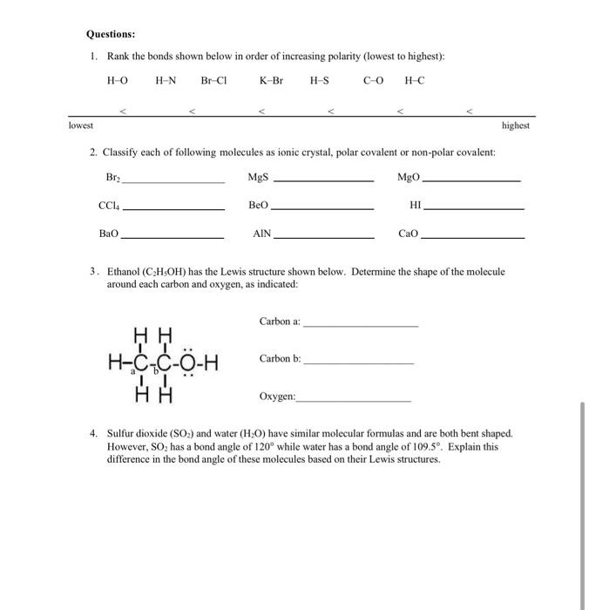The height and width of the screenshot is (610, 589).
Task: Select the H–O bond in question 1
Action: click(116, 80)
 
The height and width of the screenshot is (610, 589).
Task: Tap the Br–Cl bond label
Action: click(213, 80)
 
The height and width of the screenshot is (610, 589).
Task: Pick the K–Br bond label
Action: click(271, 80)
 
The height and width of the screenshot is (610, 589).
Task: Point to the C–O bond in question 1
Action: click(373, 80)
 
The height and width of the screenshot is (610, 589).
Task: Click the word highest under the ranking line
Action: click(516, 125)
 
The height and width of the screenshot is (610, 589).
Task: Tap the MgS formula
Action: click(258, 178)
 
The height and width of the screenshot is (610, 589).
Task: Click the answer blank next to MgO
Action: click(471, 180)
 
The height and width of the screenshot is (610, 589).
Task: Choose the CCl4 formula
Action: click(109, 207)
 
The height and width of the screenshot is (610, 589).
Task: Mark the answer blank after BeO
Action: click(322, 209)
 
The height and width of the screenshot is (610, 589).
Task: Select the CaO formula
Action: click(408, 234)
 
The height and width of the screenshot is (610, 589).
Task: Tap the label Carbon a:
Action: click(279, 322)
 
